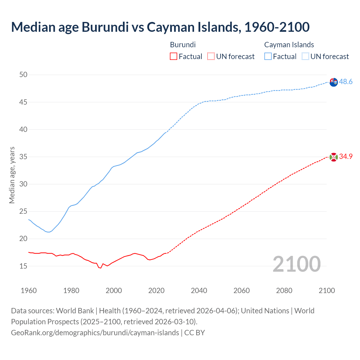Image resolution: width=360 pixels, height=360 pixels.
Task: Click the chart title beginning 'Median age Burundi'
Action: [x=160, y=27]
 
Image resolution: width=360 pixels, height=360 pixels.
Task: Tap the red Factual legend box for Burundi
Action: [x=174, y=57]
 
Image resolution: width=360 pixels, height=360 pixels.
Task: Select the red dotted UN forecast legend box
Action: [x=211, y=57]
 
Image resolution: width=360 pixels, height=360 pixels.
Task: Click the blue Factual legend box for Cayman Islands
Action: [x=268, y=57]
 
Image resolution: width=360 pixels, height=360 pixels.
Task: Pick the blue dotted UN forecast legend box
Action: [x=305, y=57]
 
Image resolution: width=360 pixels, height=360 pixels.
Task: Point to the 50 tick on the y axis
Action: [x=23, y=75]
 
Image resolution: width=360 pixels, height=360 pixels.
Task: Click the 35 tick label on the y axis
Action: [x=23, y=157]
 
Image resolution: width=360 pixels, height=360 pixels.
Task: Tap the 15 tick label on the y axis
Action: [x=23, y=266]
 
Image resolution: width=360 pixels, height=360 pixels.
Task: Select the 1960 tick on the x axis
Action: [x=29, y=291]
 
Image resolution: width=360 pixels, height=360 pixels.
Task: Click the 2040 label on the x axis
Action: [x=199, y=291]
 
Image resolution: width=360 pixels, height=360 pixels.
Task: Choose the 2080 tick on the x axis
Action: [x=284, y=291]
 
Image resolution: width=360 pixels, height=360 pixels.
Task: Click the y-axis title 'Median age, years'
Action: [x=12, y=175]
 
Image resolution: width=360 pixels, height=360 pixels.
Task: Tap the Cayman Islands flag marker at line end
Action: [x=334, y=82]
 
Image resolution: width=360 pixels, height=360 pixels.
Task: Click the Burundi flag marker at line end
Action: [x=334, y=157]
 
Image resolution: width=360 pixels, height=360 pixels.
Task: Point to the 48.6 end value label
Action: [x=346, y=82]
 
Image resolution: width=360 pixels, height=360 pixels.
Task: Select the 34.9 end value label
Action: [x=346, y=157]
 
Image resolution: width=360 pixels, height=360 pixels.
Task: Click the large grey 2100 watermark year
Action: [x=296, y=264]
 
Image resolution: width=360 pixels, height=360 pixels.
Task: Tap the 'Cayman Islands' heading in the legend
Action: [x=289, y=45]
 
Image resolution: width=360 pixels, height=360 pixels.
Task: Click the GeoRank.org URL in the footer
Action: [x=95, y=333]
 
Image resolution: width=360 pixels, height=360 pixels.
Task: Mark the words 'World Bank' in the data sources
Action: [x=75, y=311]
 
